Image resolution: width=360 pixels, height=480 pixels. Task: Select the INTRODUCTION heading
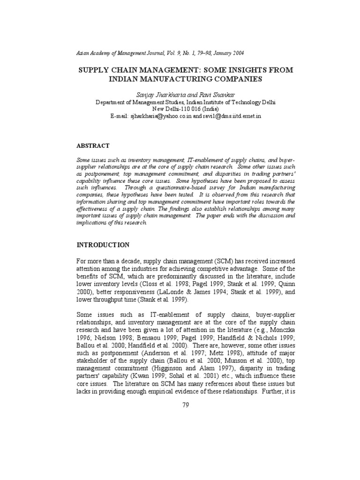click(103, 245)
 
